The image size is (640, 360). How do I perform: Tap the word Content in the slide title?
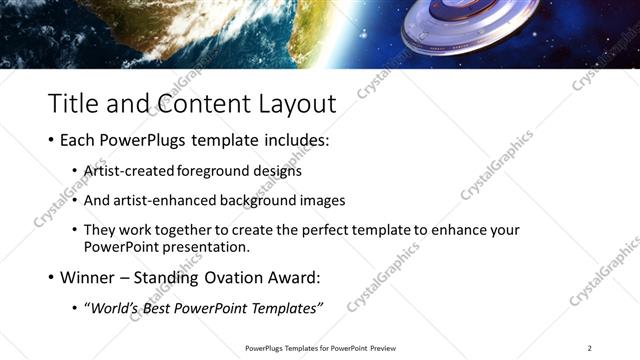pos(196,102)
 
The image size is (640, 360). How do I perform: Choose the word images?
pos(322,200)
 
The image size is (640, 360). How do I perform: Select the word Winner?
pos(90,277)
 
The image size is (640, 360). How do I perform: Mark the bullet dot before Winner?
pos(51,278)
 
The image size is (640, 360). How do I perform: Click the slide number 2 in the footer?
pos(589,348)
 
